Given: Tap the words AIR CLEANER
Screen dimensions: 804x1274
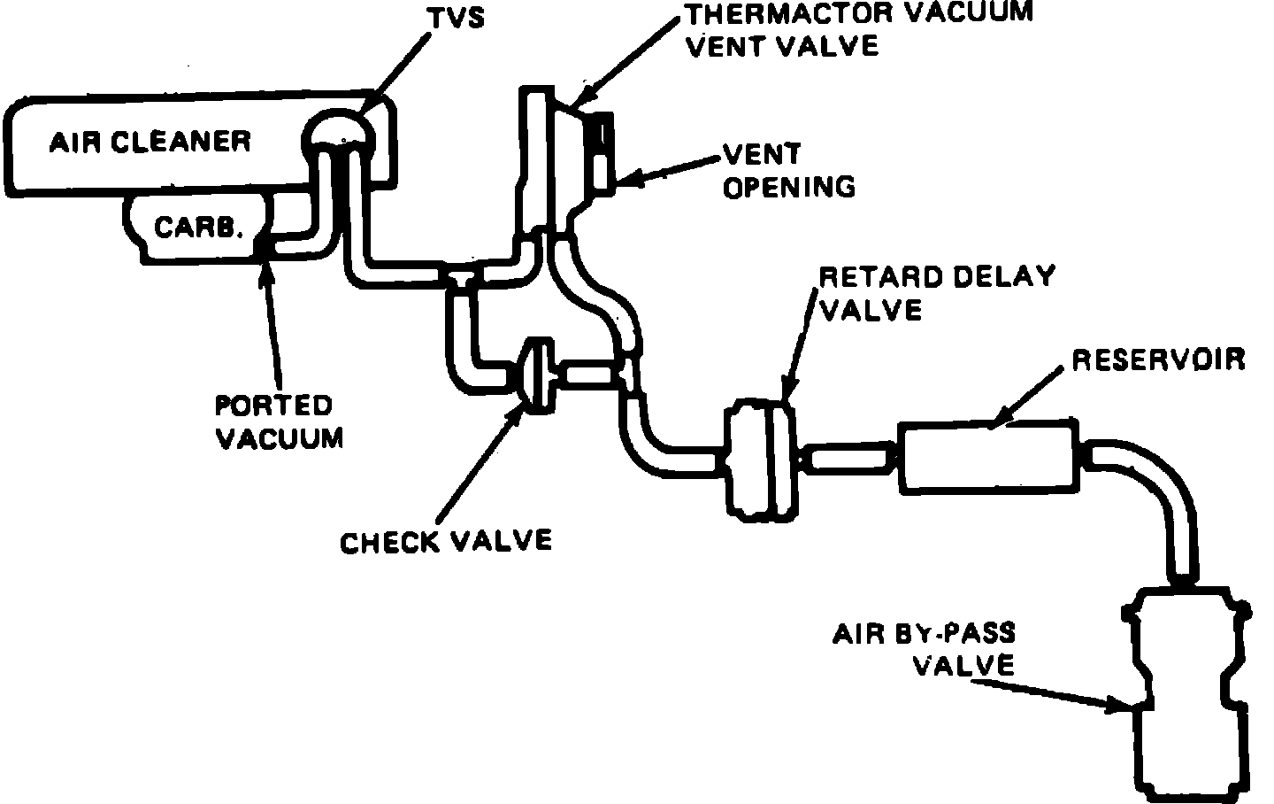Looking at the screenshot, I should tap(150, 142).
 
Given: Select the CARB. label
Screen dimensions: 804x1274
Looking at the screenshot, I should tap(198, 228).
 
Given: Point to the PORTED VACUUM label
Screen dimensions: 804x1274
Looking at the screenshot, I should tap(278, 421).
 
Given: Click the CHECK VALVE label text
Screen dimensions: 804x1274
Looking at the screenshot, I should tap(446, 540).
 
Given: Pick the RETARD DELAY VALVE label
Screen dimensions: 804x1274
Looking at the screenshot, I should tap(936, 292).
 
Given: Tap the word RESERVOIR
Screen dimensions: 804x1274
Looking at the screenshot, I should tap(1158, 359).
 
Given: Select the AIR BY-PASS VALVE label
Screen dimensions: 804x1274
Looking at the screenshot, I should tap(925, 649).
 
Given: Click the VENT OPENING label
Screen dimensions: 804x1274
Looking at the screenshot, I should tap(788, 170).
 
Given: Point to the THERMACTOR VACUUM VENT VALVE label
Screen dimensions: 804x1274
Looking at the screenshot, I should tap(858, 28).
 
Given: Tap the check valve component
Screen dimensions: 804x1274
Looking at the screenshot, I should tap(536, 376).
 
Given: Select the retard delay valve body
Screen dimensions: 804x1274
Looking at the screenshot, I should tap(758, 459).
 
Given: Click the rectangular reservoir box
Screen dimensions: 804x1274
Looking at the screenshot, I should tap(988, 456).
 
